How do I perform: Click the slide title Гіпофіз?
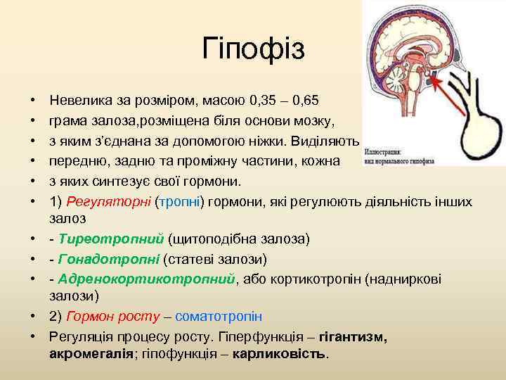(253, 49)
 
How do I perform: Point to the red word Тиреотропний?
(111, 239)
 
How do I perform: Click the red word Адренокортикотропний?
(147, 279)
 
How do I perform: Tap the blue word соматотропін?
(218, 317)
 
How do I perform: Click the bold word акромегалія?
(91, 354)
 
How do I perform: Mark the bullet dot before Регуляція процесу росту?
(34, 337)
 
